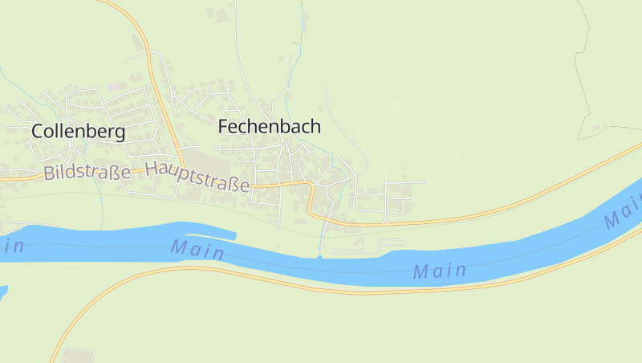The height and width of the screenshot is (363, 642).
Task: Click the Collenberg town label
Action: point(78,132)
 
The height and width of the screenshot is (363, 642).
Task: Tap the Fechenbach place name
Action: point(270,126)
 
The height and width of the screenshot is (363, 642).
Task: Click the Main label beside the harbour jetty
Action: point(197,250)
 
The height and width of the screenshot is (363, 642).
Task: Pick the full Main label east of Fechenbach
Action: point(440,271)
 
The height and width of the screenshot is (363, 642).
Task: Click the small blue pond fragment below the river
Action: point(2,292)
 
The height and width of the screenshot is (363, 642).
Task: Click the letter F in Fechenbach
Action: point(225,127)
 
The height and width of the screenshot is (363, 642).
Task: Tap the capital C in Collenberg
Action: point(38,133)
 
